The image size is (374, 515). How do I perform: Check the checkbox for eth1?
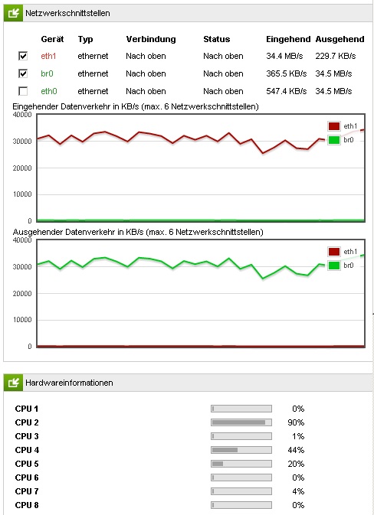click(x=23, y=56)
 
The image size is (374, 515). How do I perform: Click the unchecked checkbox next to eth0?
click(x=23, y=91)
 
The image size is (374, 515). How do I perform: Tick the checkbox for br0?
click(x=23, y=73)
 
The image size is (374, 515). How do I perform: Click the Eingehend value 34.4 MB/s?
click(x=284, y=56)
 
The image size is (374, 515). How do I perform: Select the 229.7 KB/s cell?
click(x=336, y=56)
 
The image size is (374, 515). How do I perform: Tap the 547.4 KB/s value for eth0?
click(x=286, y=91)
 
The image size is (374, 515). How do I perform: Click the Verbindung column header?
click(x=151, y=39)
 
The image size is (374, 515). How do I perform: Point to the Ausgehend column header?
click(x=340, y=39)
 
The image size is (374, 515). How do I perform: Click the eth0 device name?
click(x=49, y=91)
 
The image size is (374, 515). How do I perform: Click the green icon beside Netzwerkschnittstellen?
click(x=14, y=13)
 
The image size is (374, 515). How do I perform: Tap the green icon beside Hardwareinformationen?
click(x=14, y=383)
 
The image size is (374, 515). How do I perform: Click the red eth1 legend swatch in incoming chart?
click(x=334, y=126)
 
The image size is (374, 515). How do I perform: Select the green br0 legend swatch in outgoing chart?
click(x=334, y=266)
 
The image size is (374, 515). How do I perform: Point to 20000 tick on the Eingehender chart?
click(x=22, y=168)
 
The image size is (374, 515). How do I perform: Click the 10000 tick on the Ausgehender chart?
click(x=22, y=320)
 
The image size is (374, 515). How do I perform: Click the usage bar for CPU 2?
click(x=241, y=422)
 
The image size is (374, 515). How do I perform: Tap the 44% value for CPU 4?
click(x=296, y=450)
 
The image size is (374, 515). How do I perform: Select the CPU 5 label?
click(x=27, y=464)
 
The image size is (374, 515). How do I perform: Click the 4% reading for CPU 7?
click(x=298, y=491)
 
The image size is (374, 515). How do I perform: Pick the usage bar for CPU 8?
click(x=241, y=505)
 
